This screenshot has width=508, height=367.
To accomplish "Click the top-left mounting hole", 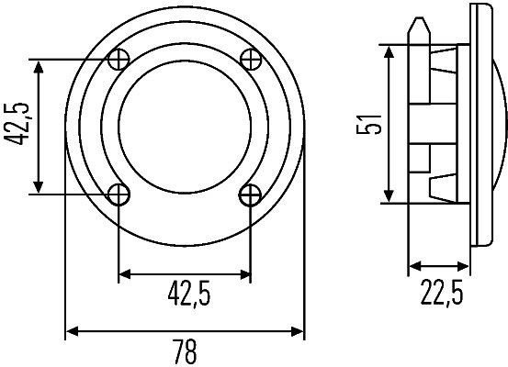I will [x=119, y=60].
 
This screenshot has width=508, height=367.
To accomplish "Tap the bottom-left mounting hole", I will [x=119, y=194].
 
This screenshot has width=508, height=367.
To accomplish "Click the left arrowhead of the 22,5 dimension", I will [x=412, y=268].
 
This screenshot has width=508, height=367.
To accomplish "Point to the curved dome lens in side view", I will [x=496, y=124].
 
